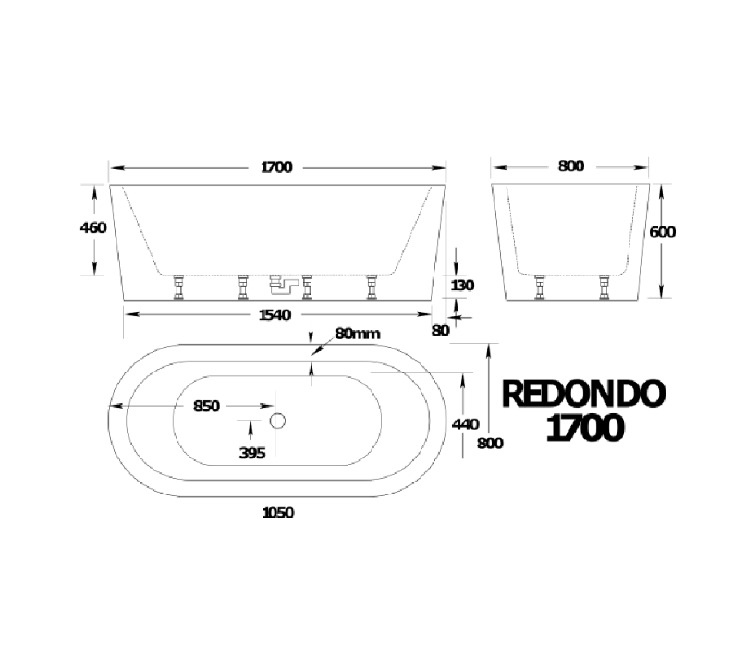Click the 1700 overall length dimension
click(276, 167)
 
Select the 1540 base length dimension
click(275, 315)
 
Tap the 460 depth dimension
click(95, 228)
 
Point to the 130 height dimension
click(461, 286)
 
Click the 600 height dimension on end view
click(663, 232)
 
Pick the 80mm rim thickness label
click(358, 334)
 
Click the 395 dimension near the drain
click(251, 452)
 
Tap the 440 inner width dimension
click(465, 423)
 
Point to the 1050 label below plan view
click(277, 513)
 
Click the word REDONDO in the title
click(582, 395)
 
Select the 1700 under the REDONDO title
click(582, 429)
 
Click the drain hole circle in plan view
click(278, 421)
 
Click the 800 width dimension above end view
click(570, 167)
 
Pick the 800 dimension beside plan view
click(490, 443)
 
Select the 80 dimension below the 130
click(440, 330)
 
